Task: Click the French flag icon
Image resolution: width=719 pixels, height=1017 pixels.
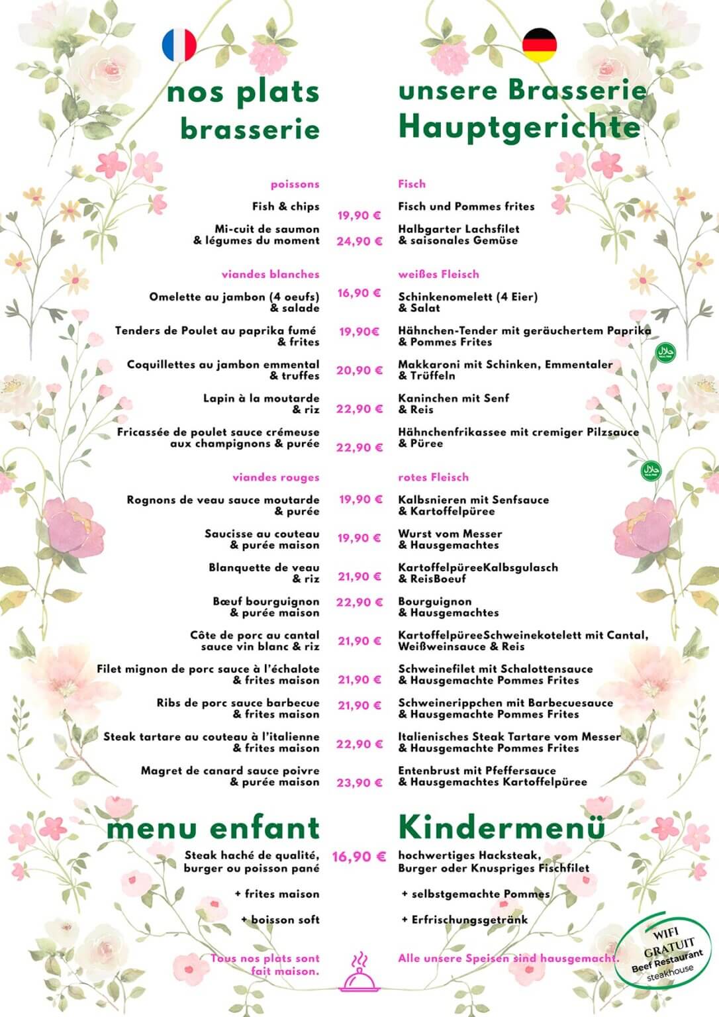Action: coord(179,45)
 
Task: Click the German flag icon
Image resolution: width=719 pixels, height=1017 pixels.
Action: coord(540,45)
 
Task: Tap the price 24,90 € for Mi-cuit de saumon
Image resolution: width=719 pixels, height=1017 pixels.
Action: coord(359,242)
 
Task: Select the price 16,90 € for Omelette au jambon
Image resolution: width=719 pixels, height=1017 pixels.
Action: coord(359,293)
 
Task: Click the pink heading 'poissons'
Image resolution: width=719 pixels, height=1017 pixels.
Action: coord(295,184)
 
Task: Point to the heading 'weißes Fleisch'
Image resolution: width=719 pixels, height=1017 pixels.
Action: coord(438,274)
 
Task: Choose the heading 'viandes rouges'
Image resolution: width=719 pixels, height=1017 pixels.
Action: coord(275,477)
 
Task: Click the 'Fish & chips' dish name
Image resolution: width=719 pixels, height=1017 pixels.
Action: coord(285,207)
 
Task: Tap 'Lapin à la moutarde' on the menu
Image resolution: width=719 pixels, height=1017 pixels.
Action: coord(261,399)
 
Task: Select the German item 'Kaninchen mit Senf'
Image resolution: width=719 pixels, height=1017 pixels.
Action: coord(454,399)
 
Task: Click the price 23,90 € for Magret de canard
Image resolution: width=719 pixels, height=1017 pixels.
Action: coord(359,783)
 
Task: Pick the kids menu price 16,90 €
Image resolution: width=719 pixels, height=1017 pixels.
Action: coord(359,857)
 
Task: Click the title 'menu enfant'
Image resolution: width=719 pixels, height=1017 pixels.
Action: coord(213,828)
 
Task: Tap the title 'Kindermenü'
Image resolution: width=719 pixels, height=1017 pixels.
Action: coord(502,828)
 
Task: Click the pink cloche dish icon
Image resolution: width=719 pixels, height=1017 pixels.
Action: coord(358,973)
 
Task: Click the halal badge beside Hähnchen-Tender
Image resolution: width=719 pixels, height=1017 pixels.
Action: coord(665,352)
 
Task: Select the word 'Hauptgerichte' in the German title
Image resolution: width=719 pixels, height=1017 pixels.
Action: coord(520,127)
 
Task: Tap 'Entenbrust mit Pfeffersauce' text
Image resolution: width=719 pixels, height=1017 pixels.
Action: coord(477,771)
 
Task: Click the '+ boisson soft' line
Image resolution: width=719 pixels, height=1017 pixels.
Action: coord(280,920)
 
